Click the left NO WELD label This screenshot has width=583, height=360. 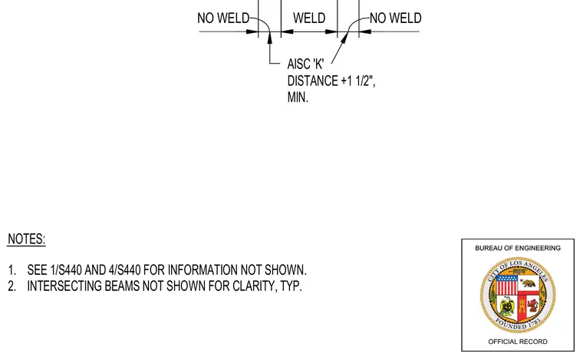click(x=223, y=18)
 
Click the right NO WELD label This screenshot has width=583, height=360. click(x=396, y=18)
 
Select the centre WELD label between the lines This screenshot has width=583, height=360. click(x=309, y=18)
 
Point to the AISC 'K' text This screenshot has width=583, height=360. click(x=305, y=64)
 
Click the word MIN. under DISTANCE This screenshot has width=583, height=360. click(x=298, y=97)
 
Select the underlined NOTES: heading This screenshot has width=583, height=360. click(x=26, y=239)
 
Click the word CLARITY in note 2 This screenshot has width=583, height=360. click(x=255, y=286)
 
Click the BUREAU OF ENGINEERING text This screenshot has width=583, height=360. click(x=518, y=248)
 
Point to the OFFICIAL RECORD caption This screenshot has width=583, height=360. click(x=518, y=342)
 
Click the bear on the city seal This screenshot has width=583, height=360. click(x=529, y=283)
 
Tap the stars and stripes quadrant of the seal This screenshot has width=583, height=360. click(x=506, y=285)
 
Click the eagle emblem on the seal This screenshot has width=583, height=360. click(x=507, y=306)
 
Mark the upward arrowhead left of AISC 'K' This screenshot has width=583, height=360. click(x=269, y=38)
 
